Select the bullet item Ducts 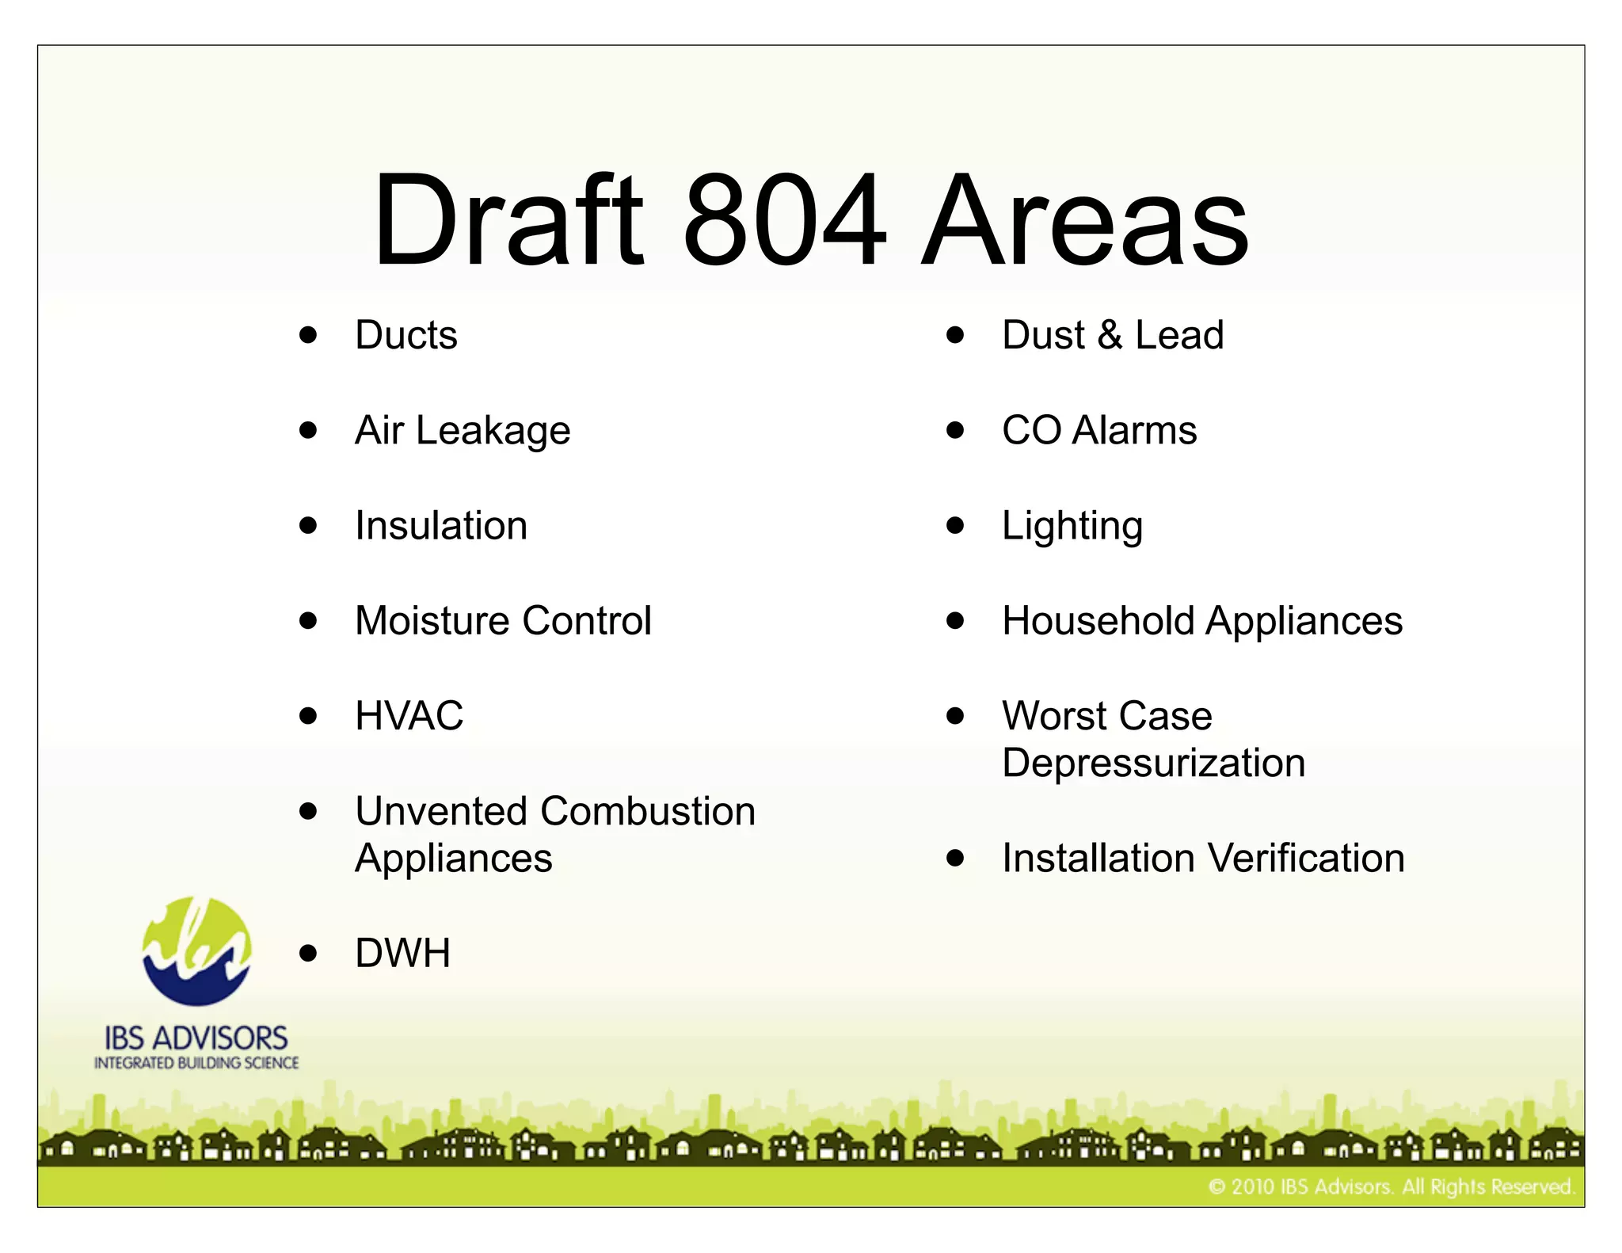(405, 335)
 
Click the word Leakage (493, 432)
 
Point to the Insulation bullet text (440, 526)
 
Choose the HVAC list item (409, 716)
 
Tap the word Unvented (441, 811)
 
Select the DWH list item (402, 953)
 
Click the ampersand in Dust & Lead (1110, 335)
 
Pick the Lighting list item (1072, 527)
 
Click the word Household (1098, 621)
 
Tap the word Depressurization (1153, 764)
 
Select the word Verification (1307, 859)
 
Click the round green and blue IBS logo (196, 951)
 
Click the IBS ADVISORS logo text (196, 1038)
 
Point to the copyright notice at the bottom (1391, 1186)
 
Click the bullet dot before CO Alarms (955, 431)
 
